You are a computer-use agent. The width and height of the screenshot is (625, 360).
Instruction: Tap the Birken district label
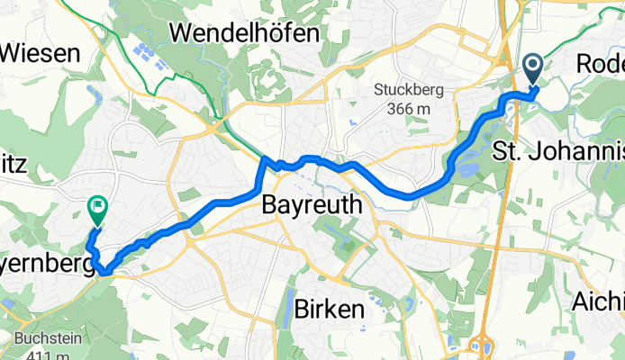point(329,310)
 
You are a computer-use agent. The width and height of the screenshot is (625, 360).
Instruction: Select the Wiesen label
point(41,53)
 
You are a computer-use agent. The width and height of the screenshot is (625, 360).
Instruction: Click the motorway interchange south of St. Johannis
point(482,346)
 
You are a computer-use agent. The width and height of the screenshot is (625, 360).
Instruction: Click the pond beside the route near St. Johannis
point(469,165)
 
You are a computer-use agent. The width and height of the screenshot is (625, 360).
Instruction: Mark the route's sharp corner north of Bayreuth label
point(265,160)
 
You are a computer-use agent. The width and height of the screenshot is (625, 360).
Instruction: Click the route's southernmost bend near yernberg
point(104,268)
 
